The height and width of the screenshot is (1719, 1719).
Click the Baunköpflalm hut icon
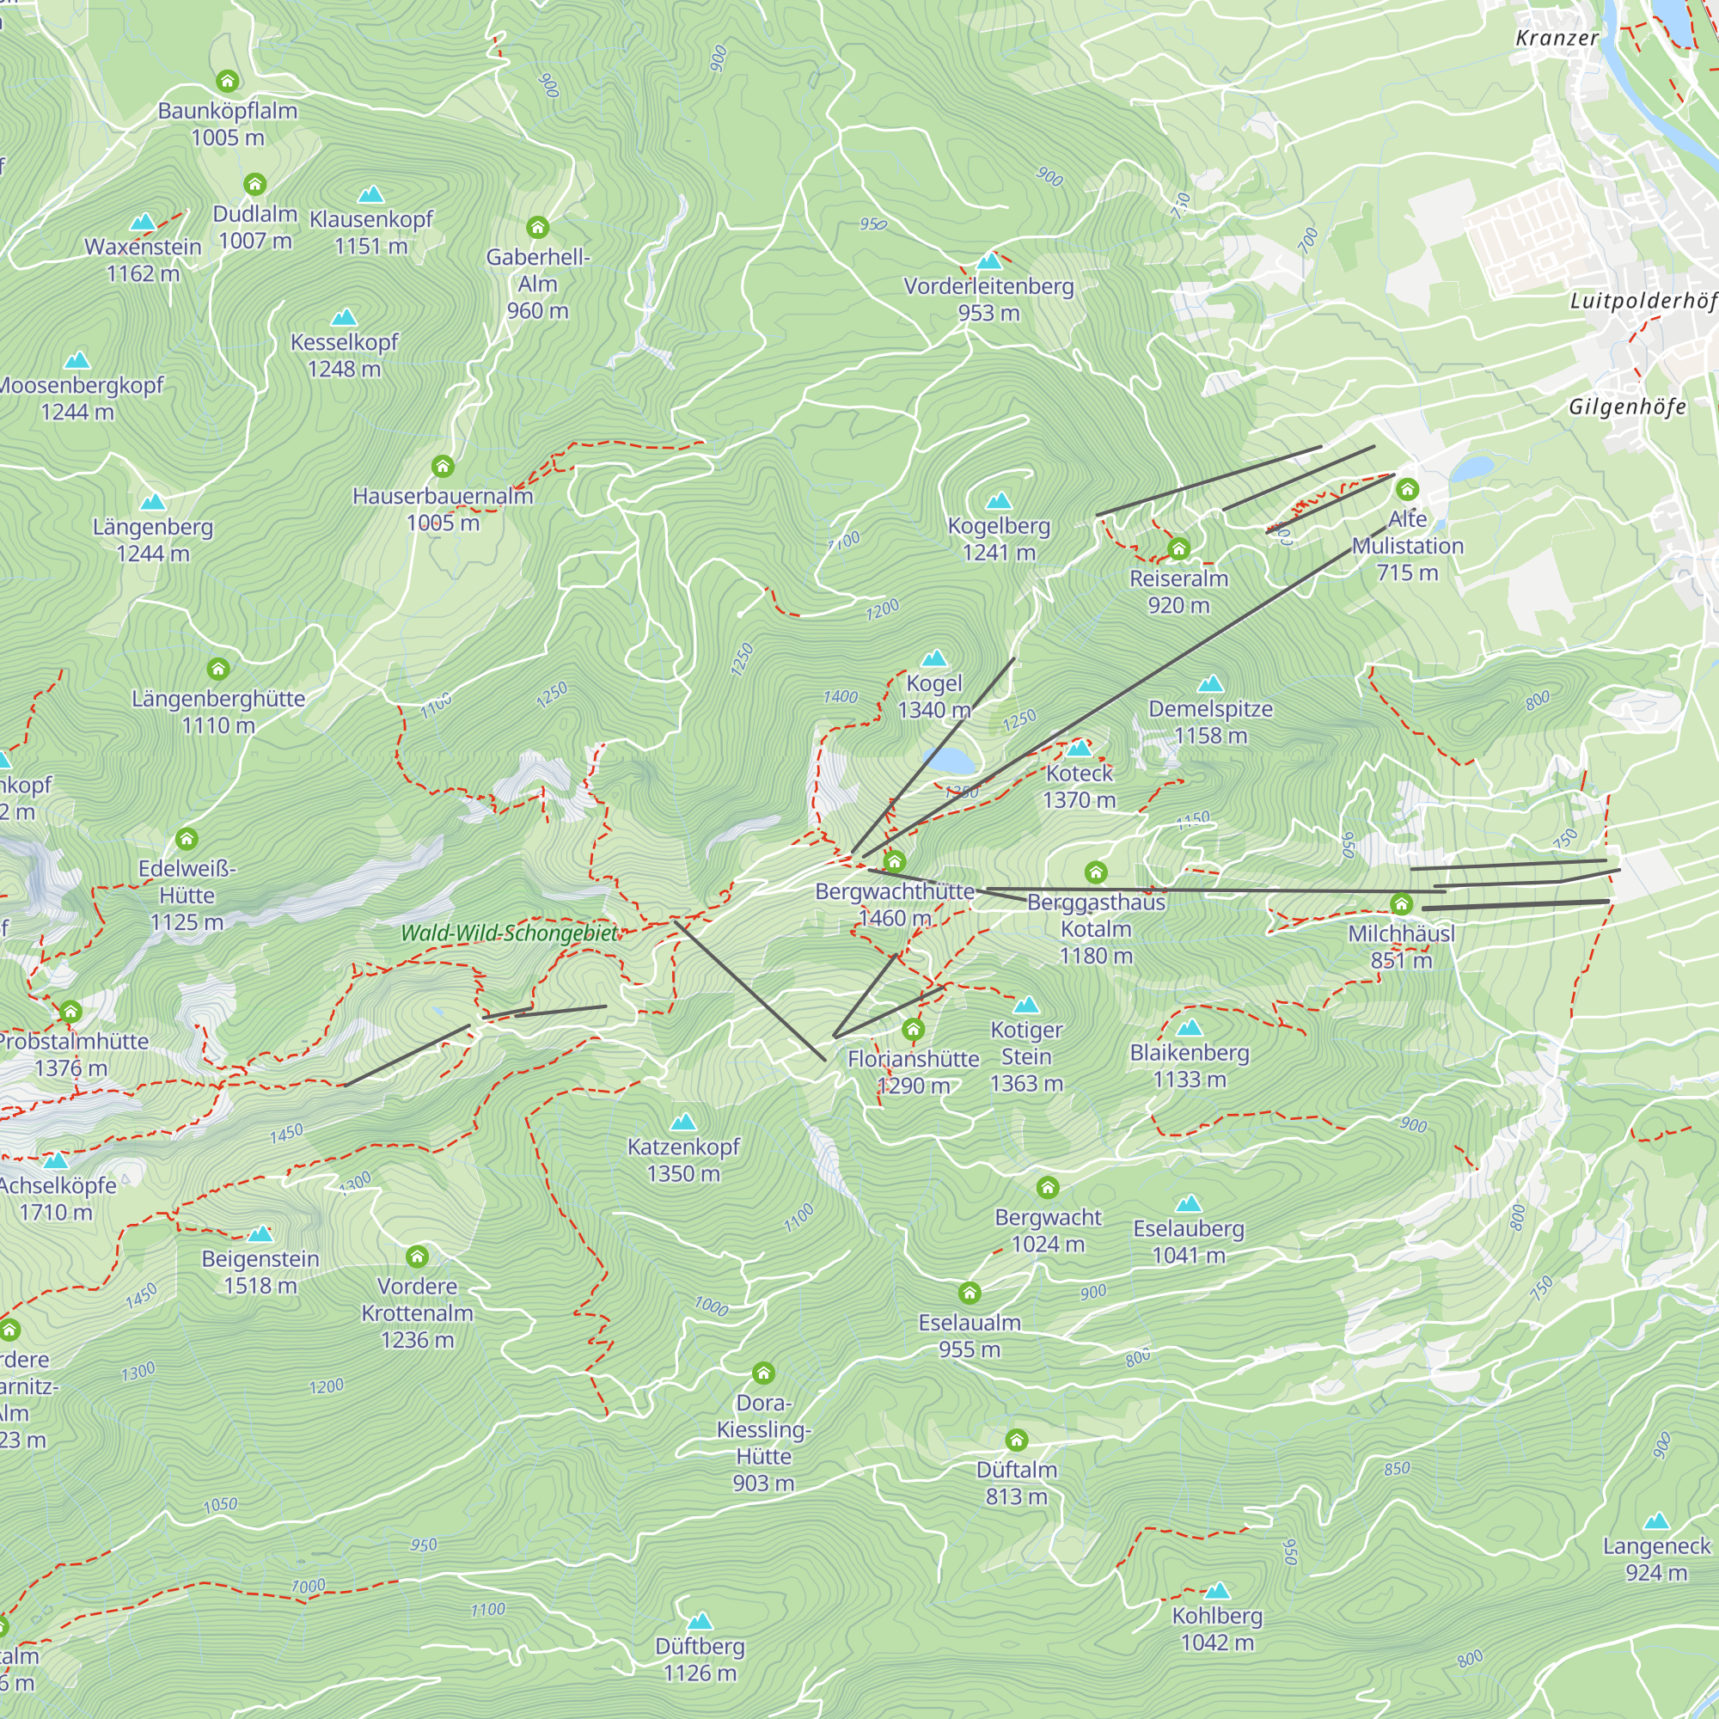(228, 82)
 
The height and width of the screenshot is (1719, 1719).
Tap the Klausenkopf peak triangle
(370, 194)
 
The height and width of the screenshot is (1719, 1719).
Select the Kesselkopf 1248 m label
(345, 355)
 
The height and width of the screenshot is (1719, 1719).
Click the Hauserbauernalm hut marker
(444, 466)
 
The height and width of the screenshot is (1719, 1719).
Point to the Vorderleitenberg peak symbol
(989, 261)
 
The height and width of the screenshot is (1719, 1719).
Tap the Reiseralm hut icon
(1179, 548)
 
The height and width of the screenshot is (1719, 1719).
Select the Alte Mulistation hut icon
(1407, 489)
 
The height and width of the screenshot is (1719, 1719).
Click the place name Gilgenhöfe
(1626, 407)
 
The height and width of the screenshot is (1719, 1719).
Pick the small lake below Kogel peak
(950, 762)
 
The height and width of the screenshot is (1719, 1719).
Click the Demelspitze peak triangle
(1210, 684)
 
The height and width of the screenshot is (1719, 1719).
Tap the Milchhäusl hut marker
(1401, 905)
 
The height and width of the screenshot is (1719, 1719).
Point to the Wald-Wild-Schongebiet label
(509, 933)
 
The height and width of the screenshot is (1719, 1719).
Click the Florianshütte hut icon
(913, 1031)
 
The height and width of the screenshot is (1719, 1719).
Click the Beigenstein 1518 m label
(260, 1271)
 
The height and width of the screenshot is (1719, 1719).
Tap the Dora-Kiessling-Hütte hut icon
(763, 1373)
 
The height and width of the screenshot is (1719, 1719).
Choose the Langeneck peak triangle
(1656, 1521)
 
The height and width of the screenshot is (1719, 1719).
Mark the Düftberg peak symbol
(700, 1621)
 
